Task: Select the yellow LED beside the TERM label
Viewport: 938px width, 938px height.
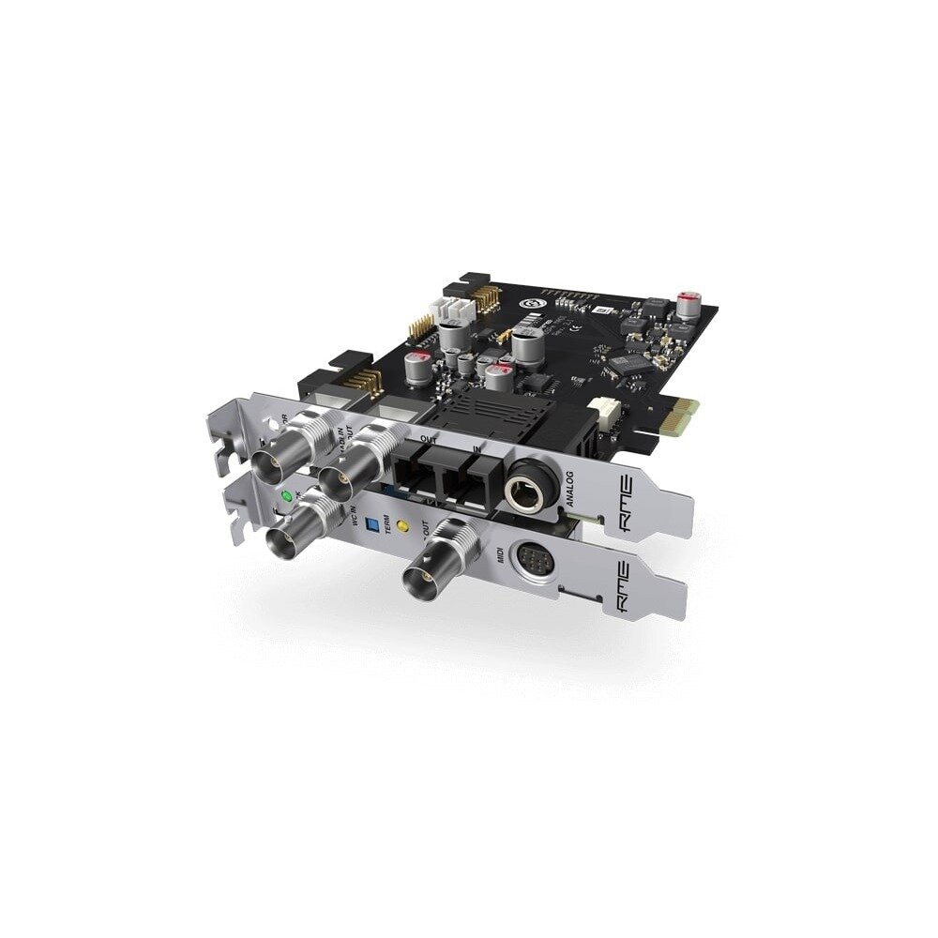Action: [x=403, y=527]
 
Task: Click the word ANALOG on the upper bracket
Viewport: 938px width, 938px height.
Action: [x=575, y=488]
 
